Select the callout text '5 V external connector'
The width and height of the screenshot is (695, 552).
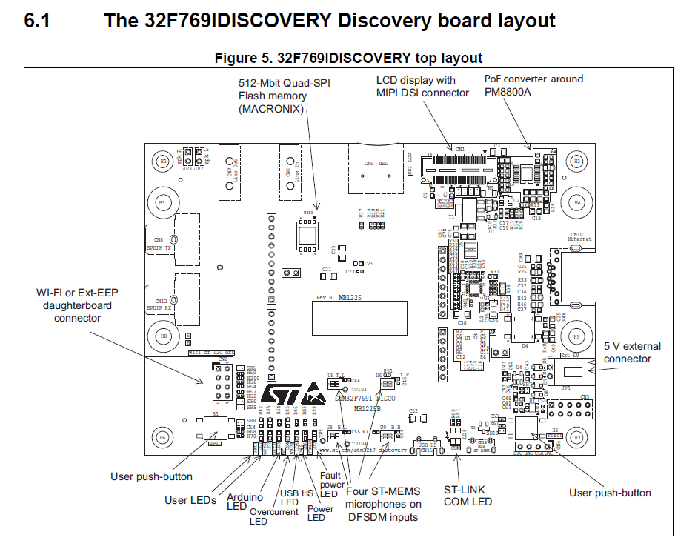pyautogui.click(x=632, y=352)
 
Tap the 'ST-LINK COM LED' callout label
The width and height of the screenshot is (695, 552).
pyautogui.click(x=468, y=496)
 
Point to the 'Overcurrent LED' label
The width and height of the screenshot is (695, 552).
pyautogui.click(x=269, y=516)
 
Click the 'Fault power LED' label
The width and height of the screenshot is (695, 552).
pyautogui.click(x=330, y=485)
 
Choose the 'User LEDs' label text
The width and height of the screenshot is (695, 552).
pyautogui.click(x=190, y=500)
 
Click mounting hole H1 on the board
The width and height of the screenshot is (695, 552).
pyautogui.click(x=164, y=161)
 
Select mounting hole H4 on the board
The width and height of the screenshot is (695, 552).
pyautogui.click(x=577, y=202)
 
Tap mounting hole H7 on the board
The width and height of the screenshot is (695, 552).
pyautogui.click(x=577, y=437)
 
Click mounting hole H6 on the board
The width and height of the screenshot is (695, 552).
pyautogui.click(x=164, y=437)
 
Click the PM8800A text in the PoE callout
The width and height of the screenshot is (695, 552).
pyautogui.click(x=508, y=91)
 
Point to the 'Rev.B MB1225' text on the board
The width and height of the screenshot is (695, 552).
pyautogui.click(x=339, y=296)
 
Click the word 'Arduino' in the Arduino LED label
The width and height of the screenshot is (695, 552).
pyautogui.click(x=244, y=496)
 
